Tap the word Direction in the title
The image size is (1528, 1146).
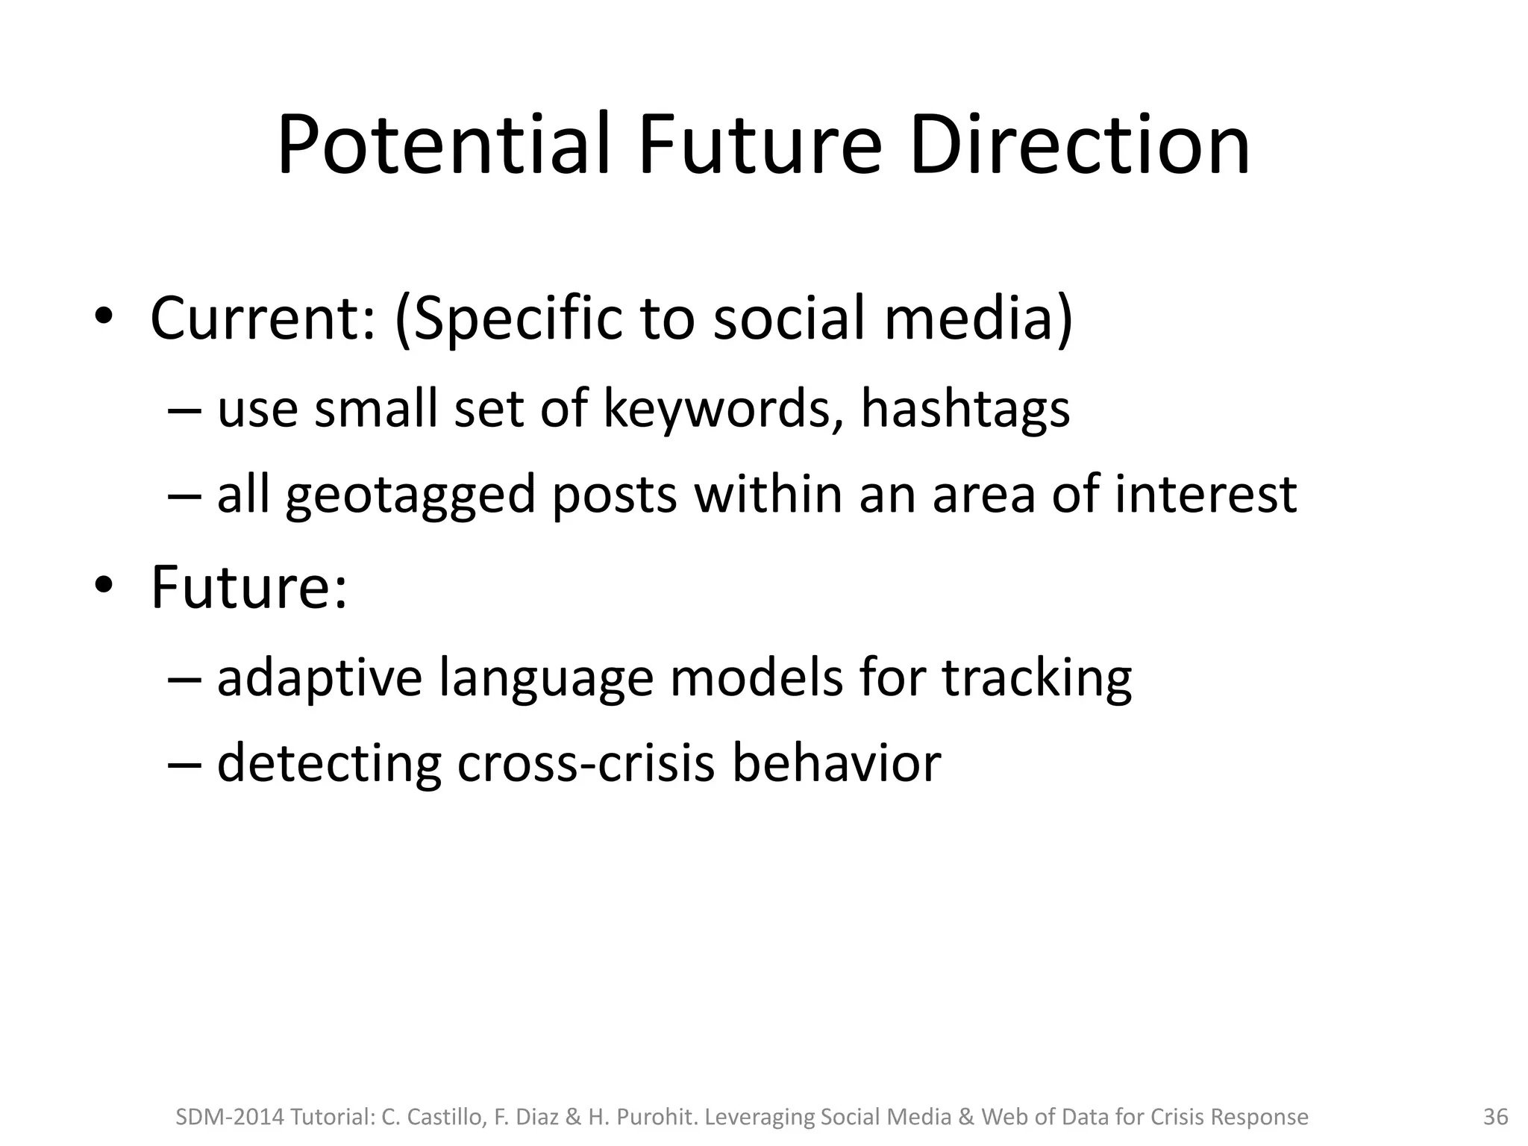pos(1079,145)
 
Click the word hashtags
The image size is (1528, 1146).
pos(965,410)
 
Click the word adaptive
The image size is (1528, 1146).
pos(319,678)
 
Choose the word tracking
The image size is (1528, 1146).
pos(1036,678)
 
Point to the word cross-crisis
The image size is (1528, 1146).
pos(585,763)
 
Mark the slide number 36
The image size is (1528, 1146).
pos(1495,1117)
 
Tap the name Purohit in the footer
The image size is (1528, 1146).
pos(656,1117)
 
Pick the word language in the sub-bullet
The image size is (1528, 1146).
pos(545,678)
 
